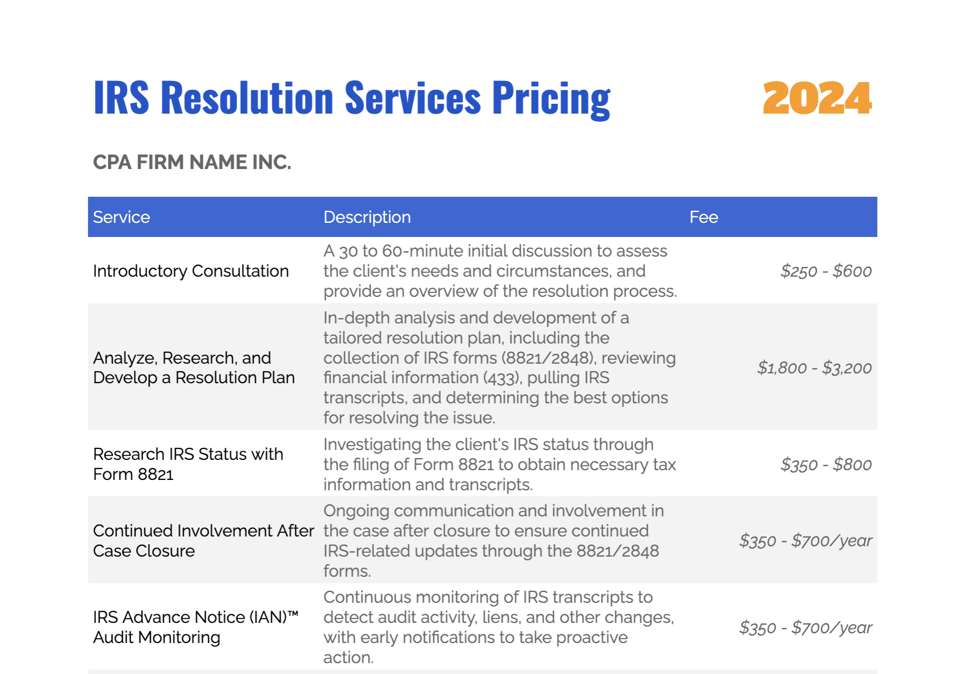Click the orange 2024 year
pos(817,98)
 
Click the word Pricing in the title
pos(551,98)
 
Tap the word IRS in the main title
pos(121,98)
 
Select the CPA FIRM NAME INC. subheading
pos(192,162)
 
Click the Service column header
pos(121,217)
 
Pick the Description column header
pos(367,217)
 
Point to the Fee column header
pos(703,217)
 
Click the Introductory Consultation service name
pos(191,271)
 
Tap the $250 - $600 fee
pos(826,271)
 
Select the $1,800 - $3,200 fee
pos(814,368)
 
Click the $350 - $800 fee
pos(826,464)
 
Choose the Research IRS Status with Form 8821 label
pos(188,464)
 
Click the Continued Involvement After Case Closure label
pos(203,540)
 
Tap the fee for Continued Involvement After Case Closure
pos(806,540)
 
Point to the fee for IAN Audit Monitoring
pos(806,627)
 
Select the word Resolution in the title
pos(247,98)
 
